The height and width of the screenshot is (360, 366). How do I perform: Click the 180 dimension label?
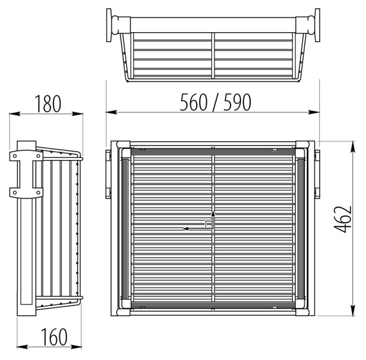coord(48,103)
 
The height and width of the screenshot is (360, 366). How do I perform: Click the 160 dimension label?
coord(54,337)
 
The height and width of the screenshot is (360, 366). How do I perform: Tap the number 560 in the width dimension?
coord(194,102)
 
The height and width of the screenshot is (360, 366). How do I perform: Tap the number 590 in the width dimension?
coord(237,102)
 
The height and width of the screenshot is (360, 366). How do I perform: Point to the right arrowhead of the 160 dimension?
coord(76,347)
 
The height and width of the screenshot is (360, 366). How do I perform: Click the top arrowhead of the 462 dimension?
coord(353,147)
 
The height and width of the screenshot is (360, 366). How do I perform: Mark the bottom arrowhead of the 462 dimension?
coord(353,310)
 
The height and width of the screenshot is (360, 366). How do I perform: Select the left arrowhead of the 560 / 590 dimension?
coord(111,112)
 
